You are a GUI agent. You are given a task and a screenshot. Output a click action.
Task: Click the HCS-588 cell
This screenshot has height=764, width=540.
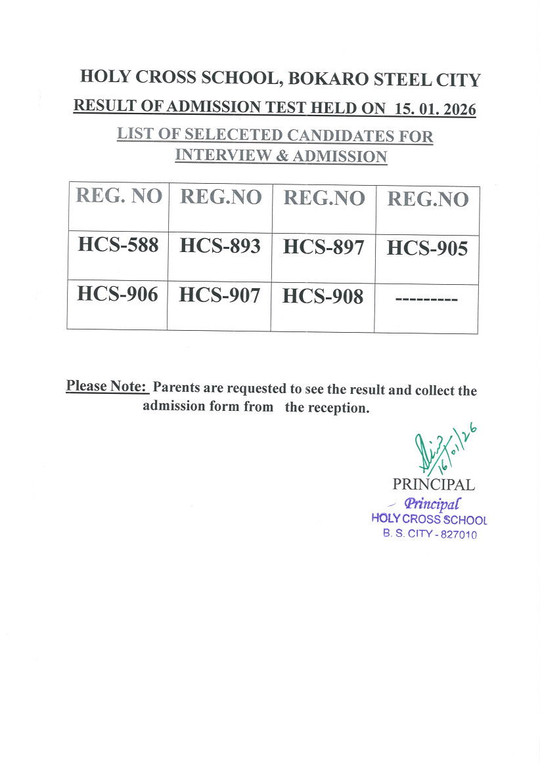(118, 245)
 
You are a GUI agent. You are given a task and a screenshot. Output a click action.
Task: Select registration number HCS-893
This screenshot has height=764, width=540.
(220, 246)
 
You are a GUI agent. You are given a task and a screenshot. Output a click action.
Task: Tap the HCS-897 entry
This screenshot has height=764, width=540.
(323, 247)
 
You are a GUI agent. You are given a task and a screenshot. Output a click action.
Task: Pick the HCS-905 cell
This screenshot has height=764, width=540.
(427, 249)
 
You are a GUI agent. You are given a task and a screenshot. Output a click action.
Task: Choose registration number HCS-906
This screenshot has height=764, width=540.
(118, 294)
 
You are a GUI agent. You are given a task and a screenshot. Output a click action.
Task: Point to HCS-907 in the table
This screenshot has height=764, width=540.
(219, 295)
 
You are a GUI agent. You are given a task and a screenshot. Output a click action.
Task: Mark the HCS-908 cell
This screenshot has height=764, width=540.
(323, 297)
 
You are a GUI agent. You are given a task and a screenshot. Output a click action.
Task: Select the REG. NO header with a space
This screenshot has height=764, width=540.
(119, 196)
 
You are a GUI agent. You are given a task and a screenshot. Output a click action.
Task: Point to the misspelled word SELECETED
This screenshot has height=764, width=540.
(224, 135)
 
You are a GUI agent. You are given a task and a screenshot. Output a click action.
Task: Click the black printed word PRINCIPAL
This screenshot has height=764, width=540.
(433, 485)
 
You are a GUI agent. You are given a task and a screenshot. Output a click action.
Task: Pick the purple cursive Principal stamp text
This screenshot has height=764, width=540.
(432, 504)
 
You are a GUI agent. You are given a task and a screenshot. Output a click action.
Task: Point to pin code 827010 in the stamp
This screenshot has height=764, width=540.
(458, 534)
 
